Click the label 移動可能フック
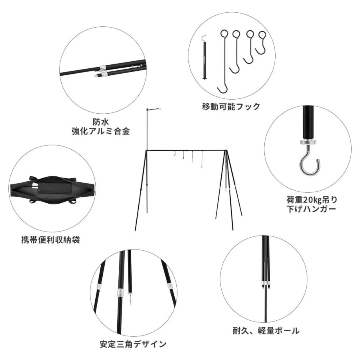tap(231, 106)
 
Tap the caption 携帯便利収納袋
tap(50, 240)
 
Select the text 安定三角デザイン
tap(133, 344)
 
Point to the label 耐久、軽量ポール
tap(266, 331)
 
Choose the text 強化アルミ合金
tap(101, 131)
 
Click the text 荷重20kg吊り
tap(312, 200)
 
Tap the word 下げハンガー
tap(311, 209)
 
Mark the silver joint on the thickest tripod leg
tap(120, 292)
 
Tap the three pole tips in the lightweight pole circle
tap(266, 286)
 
